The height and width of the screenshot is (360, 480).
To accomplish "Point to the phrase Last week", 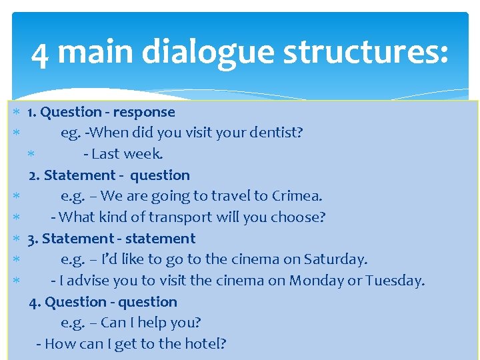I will tap(127, 154).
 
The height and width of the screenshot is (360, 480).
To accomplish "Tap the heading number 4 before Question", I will tap(34, 302).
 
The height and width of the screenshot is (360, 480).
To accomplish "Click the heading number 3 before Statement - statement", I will tap(33, 239).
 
